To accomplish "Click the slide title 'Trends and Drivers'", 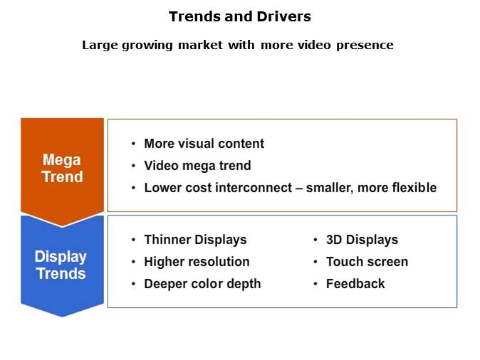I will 239,16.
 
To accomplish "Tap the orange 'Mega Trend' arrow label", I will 62,169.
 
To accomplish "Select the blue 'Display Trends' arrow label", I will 61,265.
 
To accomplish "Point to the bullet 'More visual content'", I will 204,144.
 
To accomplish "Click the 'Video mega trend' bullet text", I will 197,166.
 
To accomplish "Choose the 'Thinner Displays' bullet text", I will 195,240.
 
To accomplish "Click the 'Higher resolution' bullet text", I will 197,262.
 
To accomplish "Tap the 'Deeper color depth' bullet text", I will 202,284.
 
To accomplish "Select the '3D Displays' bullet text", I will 362,240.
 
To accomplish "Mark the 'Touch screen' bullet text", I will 367,262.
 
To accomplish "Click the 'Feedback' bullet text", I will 355,284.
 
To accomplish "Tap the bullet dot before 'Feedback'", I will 315,284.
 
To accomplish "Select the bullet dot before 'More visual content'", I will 133,144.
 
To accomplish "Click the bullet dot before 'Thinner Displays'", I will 133,240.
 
